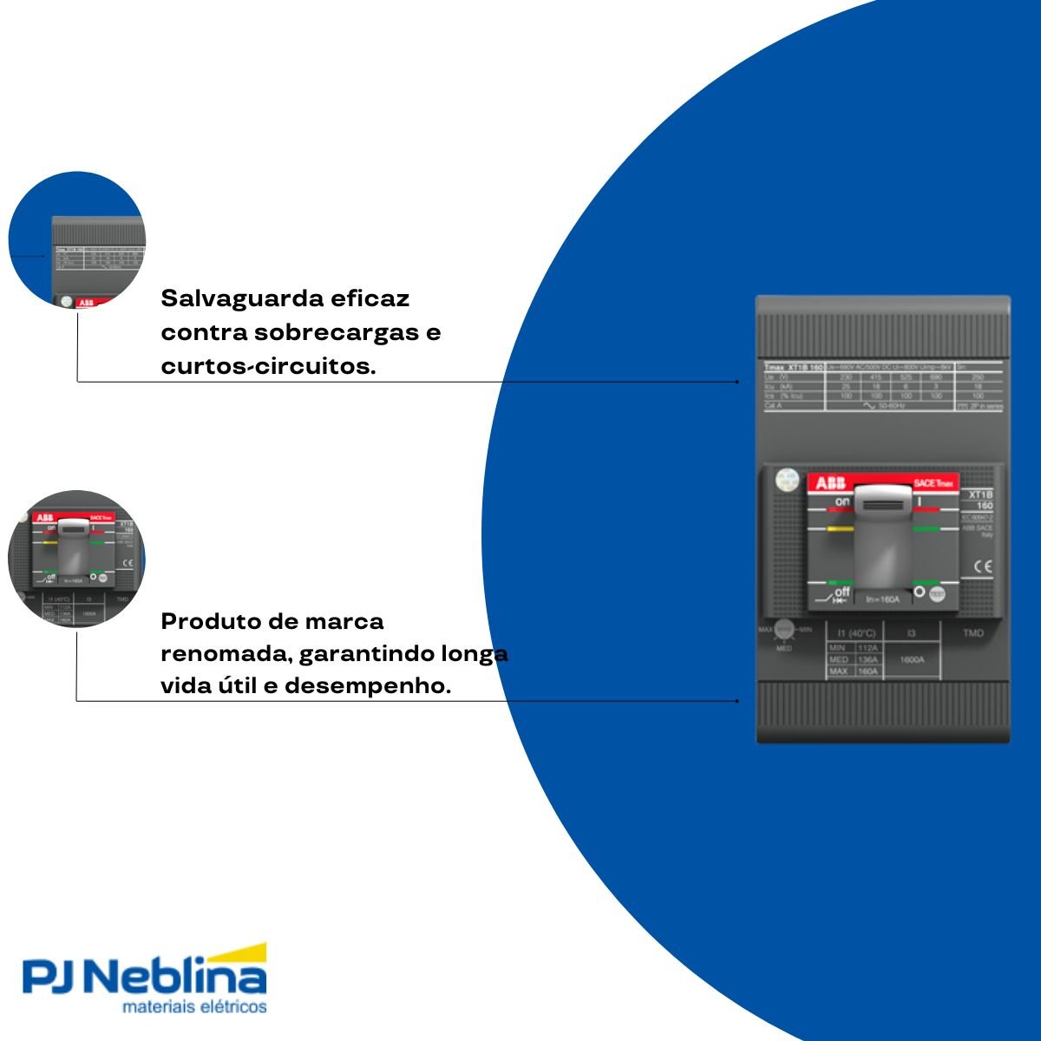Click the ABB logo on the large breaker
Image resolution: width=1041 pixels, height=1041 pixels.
click(x=830, y=484)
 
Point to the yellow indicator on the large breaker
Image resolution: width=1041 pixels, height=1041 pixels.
click(x=840, y=527)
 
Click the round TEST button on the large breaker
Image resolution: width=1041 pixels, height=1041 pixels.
click(x=937, y=594)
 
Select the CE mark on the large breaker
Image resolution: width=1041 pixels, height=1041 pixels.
click(x=982, y=566)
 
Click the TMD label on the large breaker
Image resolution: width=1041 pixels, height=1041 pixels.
click(x=973, y=633)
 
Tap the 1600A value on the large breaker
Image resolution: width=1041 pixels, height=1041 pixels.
click(x=911, y=659)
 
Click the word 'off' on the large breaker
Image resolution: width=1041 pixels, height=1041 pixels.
click(x=841, y=592)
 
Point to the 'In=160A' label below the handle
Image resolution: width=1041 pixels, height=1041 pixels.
click(x=882, y=599)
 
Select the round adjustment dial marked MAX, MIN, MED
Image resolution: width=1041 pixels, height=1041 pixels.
click(x=784, y=630)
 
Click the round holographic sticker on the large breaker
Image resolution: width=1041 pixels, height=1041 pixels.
click(x=787, y=479)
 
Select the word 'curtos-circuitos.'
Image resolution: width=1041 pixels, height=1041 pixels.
click(x=268, y=366)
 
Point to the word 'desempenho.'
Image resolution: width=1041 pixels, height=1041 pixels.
click(x=368, y=685)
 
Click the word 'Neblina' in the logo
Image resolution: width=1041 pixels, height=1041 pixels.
click(x=179, y=978)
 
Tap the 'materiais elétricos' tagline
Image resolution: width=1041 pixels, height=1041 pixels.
click(x=194, y=1007)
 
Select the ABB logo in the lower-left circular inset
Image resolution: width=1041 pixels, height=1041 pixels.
click(x=43, y=517)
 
